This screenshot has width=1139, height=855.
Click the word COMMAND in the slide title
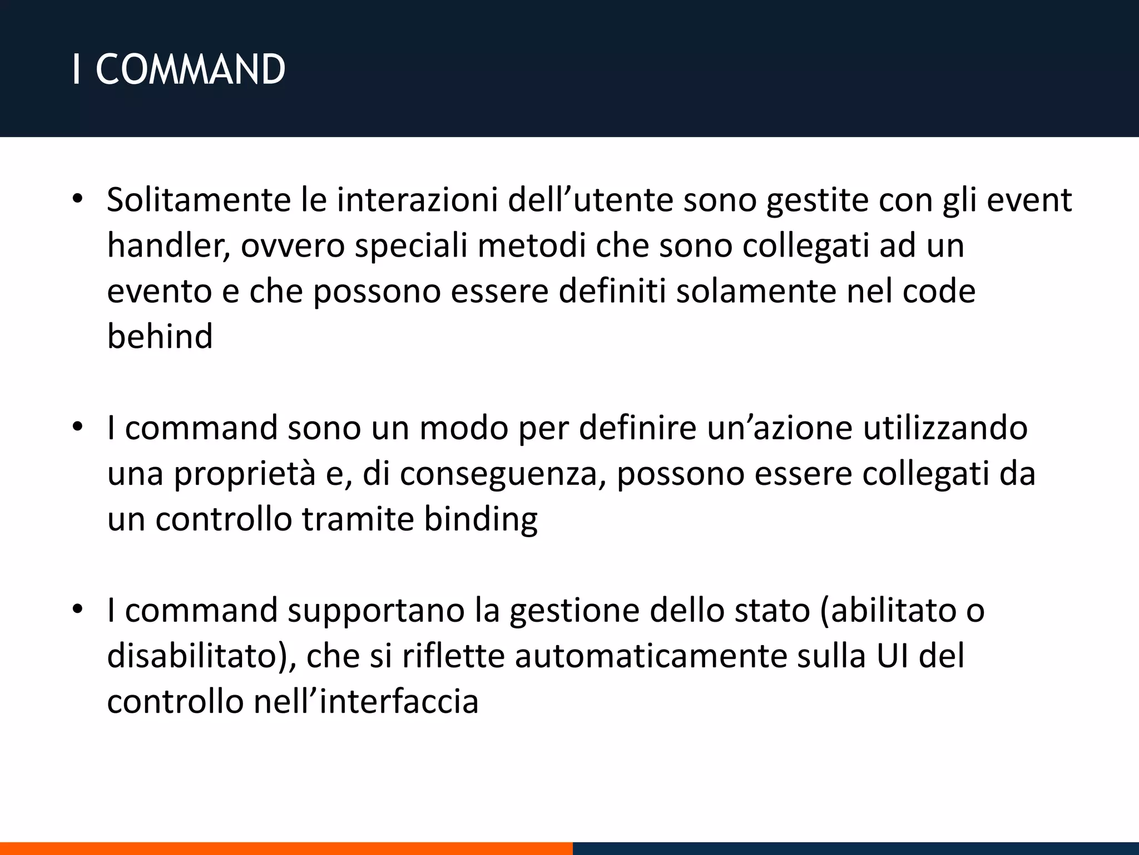pos(190,71)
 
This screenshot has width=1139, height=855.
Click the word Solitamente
pos(199,200)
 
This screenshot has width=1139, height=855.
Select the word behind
pos(160,337)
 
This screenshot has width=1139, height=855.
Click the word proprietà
pos(245,474)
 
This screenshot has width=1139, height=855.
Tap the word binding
pos(481,519)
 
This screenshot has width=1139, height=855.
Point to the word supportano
pos(375,611)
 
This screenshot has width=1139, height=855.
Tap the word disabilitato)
pos(201,656)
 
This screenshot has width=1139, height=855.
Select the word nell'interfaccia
pos(366,702)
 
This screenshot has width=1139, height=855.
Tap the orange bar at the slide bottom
pos(286,848)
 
